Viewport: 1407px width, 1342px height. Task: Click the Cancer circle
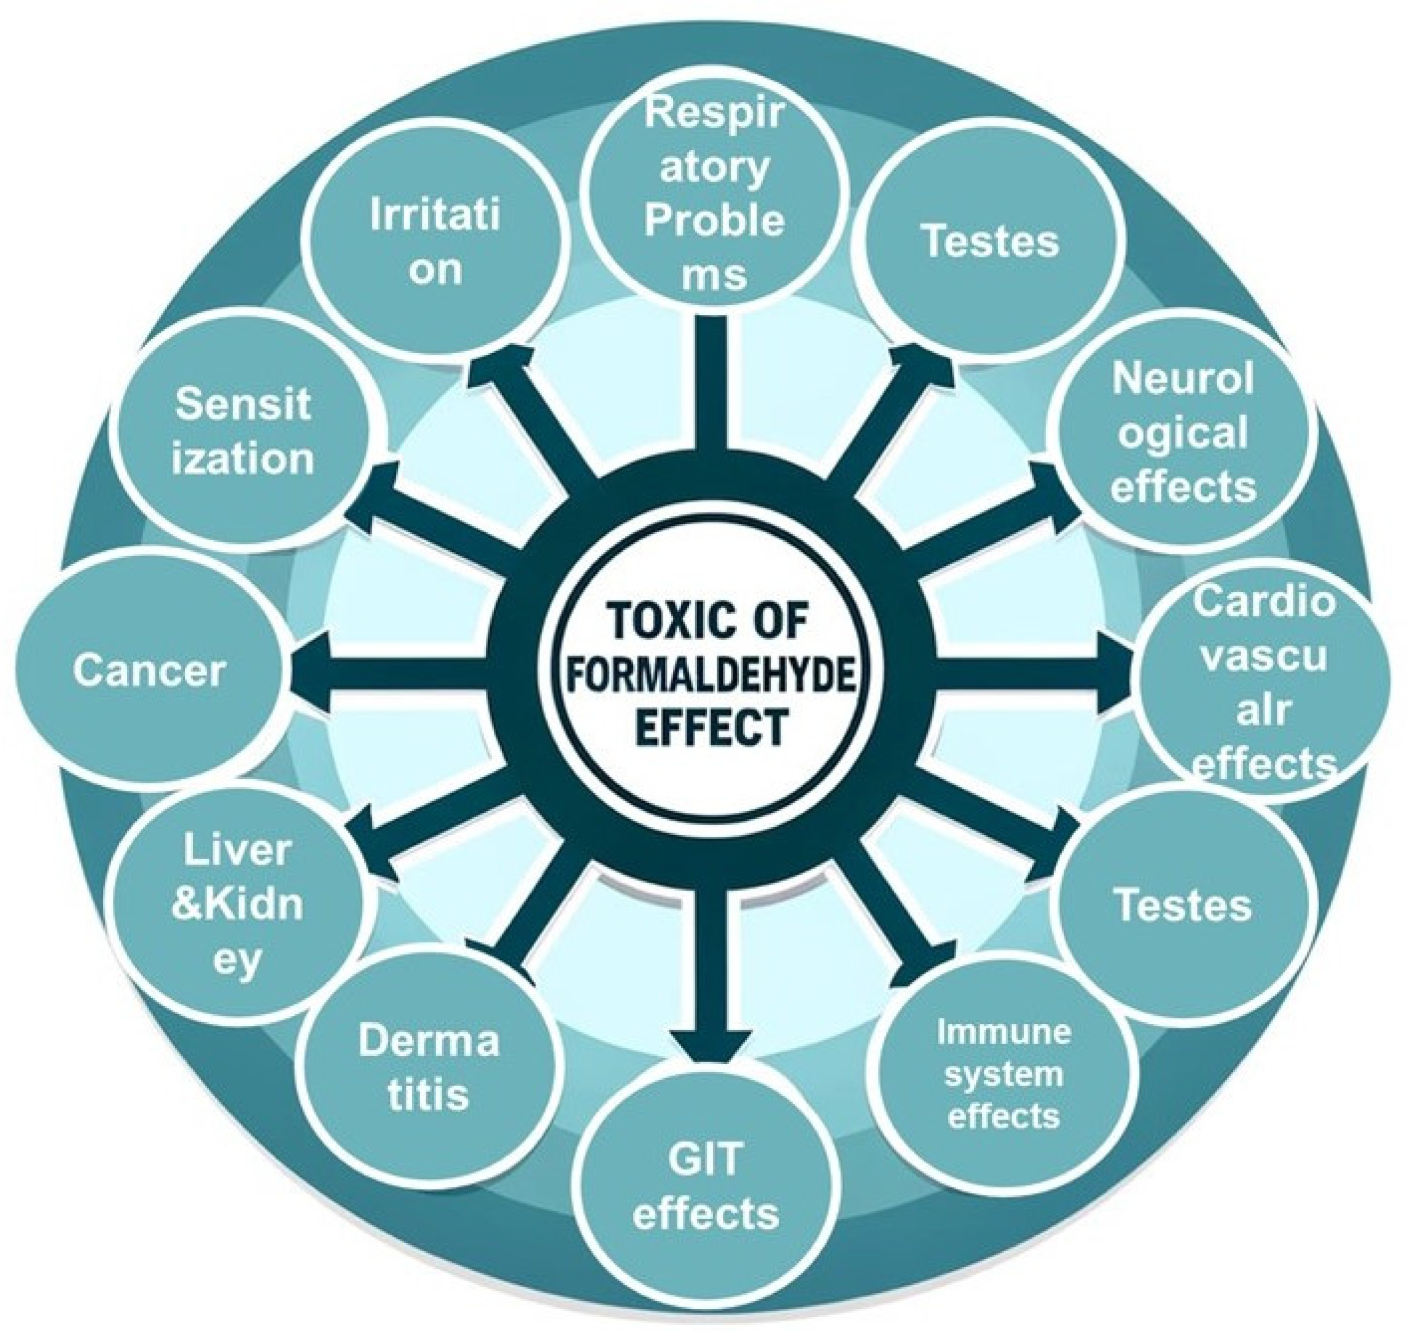pos(149,671)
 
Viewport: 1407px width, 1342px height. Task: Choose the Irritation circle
pos(434,243)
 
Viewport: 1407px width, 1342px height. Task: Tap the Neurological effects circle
pos(1185,432)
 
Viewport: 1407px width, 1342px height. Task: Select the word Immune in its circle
pos(1004,1032)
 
